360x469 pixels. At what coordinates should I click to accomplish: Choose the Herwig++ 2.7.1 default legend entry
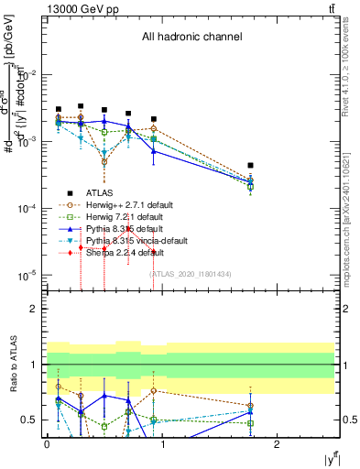(x=130, y=204)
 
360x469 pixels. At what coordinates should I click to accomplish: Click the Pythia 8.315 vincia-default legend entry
(x=136, y=240)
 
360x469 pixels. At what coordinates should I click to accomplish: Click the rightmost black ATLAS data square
(x=251, y=166)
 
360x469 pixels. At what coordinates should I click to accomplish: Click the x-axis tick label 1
(x=163, y=443)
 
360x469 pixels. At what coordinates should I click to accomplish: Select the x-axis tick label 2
(x=278, y=443)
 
